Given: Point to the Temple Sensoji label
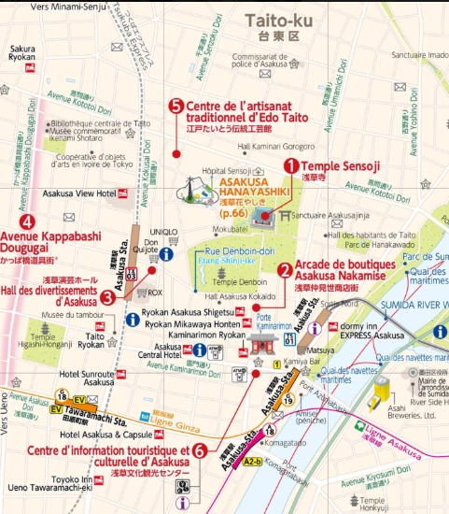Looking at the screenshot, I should [x=340, y=166].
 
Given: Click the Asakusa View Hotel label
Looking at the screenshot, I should [x=93, y=193].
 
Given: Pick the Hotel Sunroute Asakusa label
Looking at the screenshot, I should [x=86, y=377].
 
